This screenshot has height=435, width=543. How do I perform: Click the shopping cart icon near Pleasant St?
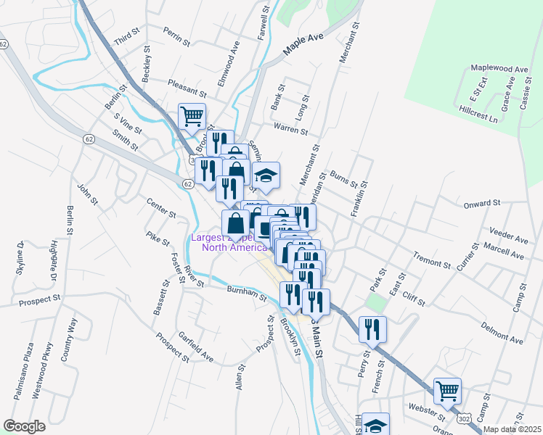192,116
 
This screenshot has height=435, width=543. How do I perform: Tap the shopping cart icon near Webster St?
447,391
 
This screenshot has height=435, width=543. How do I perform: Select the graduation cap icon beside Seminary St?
266,174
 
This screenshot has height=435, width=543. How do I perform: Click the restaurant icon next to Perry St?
372,328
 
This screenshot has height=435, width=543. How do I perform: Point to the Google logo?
24,426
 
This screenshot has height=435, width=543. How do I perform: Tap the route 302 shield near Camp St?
465,419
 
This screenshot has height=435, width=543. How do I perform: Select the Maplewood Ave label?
499,68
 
